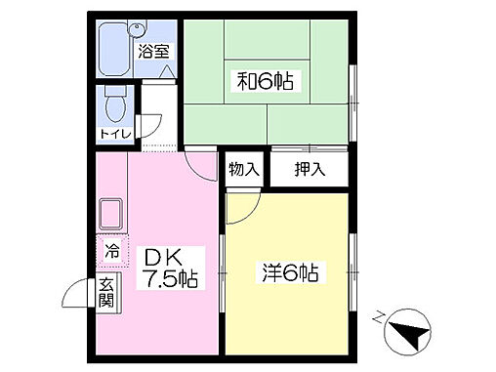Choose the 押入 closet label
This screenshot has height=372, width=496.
[310, 168]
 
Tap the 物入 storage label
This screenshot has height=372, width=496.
[244, 168]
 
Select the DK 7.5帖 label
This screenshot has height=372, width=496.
[172, 267]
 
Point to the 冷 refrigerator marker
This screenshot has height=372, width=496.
[111, 251]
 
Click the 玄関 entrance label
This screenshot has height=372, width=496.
[105, 294]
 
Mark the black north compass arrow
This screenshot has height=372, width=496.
[407, 337]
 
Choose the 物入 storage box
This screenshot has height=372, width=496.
[244, 168]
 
